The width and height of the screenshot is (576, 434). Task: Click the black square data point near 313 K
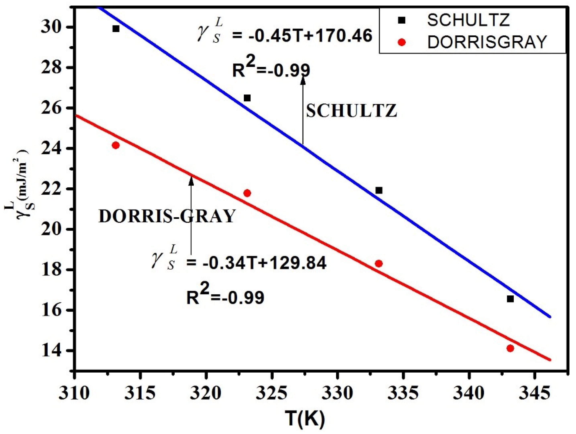tap(116, 29)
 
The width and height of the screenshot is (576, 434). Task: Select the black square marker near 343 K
tap(510, 299)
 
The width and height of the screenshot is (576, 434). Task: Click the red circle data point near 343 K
tap(510, 348)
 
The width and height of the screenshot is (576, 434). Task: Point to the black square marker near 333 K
tap(379, 190)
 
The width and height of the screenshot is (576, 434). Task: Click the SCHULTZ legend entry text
tap(468, 20)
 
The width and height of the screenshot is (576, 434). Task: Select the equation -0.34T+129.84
tap(256, 264)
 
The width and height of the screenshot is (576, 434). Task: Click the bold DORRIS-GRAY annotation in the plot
tap(167, 216)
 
